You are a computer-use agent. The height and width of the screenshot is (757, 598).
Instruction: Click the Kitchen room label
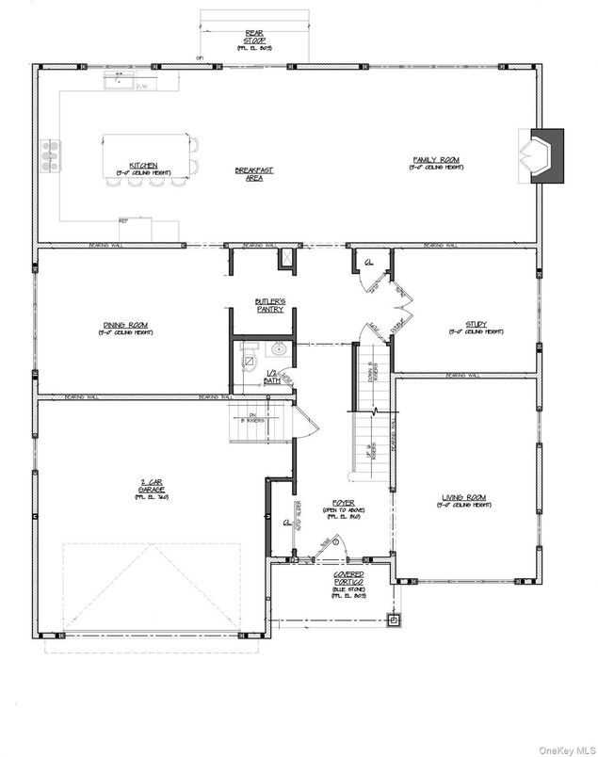pyautogui.click(x=137, y=169)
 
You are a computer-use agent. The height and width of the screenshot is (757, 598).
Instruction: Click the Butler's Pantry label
pyautogui.click(x=269, y=305)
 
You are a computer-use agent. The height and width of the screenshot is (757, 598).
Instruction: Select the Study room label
pyautogui.click(x=467, y=328)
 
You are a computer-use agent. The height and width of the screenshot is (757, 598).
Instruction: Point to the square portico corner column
pyautogui.click(x=396, y=620)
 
